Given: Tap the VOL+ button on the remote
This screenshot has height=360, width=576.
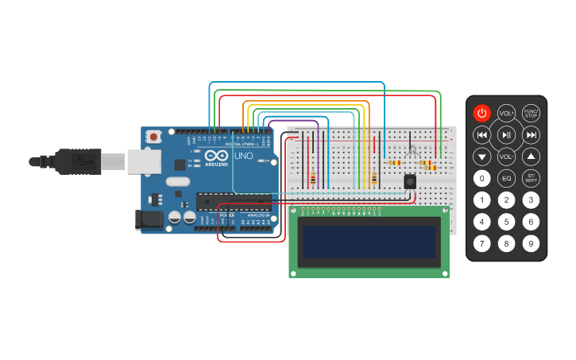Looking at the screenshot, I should (506, 113).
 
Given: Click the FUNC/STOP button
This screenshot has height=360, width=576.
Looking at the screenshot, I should (531, 113).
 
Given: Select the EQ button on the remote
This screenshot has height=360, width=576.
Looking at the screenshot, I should (506, 178).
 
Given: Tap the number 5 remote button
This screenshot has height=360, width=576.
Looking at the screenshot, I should (506, 222).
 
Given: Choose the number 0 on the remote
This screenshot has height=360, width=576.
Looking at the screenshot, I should (481, 178).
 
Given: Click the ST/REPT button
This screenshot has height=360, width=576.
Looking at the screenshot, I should (531, 178).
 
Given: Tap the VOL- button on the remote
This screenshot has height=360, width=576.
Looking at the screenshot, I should (506, 157).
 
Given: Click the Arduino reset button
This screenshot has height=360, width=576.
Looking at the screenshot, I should (153, 137).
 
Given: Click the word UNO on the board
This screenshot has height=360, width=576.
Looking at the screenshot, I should (243, 158).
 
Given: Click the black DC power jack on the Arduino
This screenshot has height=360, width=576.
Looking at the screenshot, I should (149, 220).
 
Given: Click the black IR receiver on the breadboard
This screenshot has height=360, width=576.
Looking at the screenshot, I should (410, 181).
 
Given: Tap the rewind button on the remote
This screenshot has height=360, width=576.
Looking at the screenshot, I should (481, 135).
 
